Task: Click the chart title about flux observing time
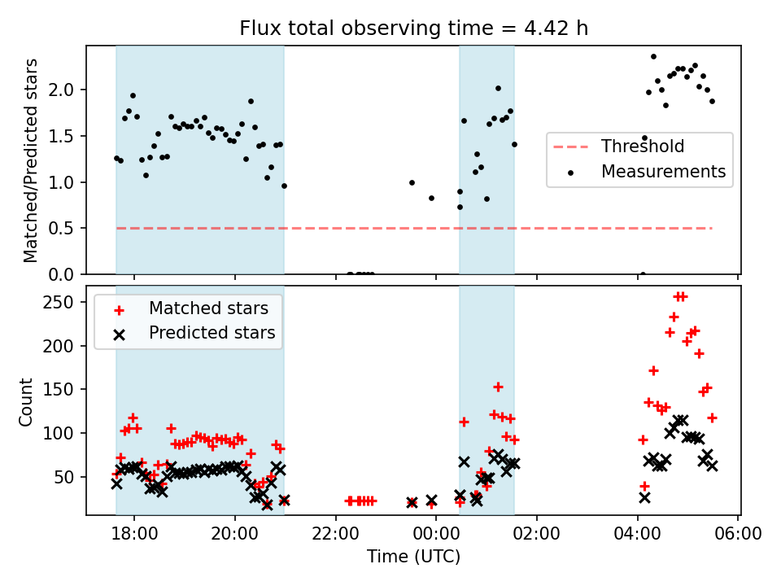(x=413, y=28)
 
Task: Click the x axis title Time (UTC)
(x=413, y=557)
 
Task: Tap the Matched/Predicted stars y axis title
(x=31, y=160)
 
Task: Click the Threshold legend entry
(x=642, y=147)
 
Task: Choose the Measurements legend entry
(x=662, y=172)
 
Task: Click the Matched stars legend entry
(x=207, y=308)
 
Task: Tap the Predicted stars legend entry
(x=212, y=333)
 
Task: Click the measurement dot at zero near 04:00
(x=643, y=274)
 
